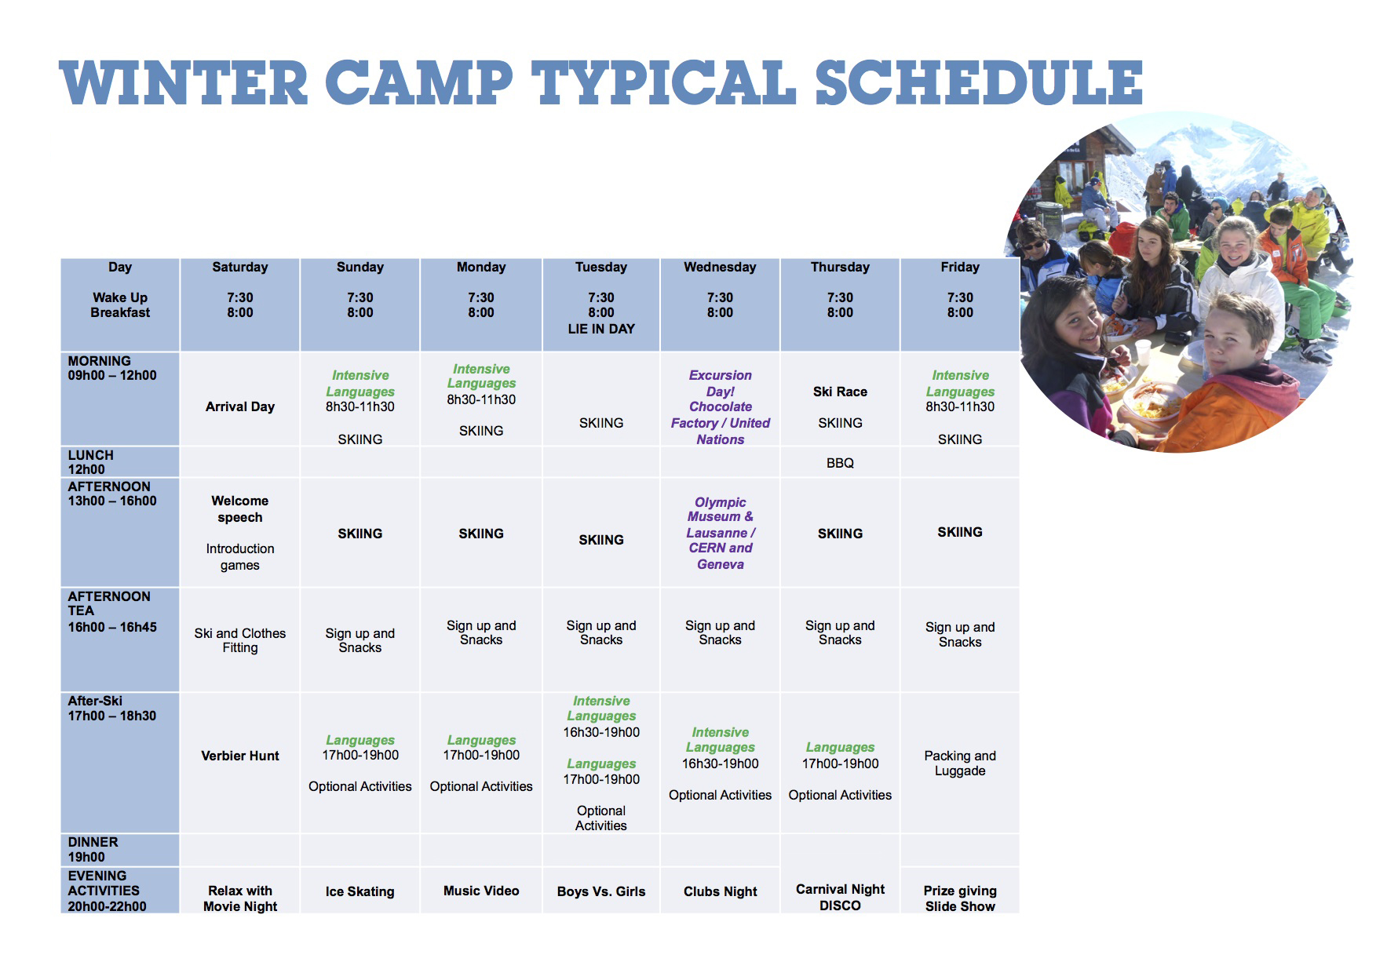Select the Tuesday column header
tap(601, 267)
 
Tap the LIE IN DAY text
tap(601, 329)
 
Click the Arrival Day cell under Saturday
tap(240, 406)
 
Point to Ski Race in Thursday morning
tap(840, 392)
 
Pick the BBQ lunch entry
tap(840, 463)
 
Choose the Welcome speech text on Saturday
tap(240, 508)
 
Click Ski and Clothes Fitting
tap(240, 640)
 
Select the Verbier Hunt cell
tap(240, 756)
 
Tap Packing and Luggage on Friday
tap(960, 763)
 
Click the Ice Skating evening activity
tap(360, 891)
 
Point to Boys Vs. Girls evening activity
tap(601, 891)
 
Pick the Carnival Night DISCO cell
tap(840, 897)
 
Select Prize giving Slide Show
tap(960, 898)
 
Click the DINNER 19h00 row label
tap(93, 849)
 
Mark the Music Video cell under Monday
tap(481, 891)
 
